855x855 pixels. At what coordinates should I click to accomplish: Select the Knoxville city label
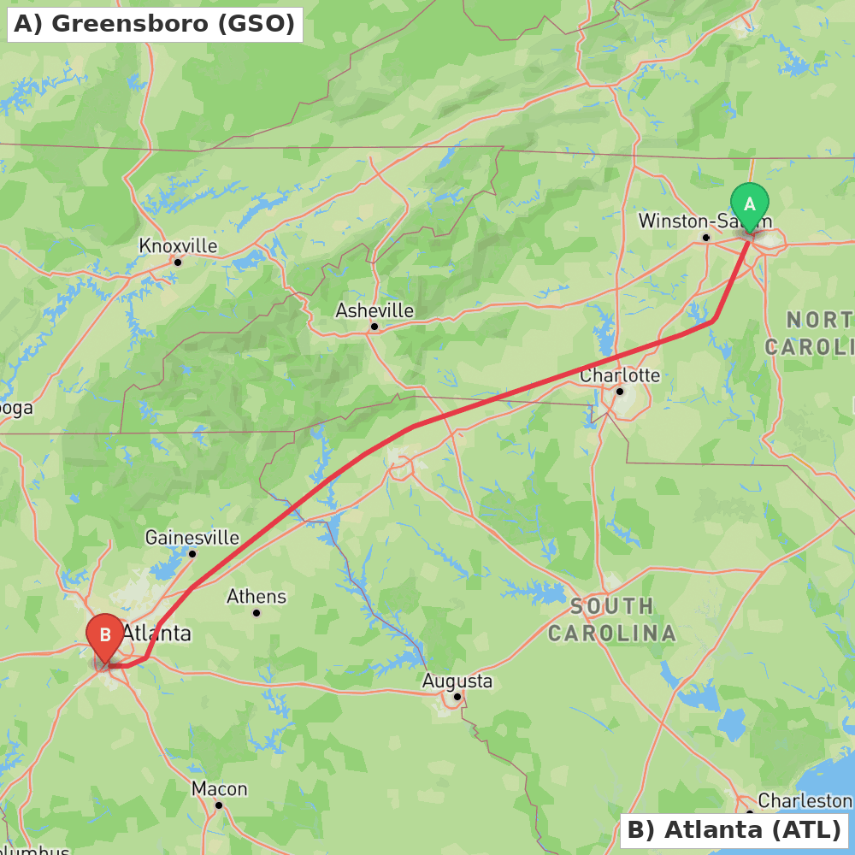click(178, 246)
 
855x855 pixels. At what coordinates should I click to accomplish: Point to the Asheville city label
click(374, 310)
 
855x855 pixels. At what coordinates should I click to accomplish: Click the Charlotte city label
click(620, 375)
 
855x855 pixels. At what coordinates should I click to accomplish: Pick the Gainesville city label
click(192, 538)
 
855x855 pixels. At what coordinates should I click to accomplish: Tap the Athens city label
click(256, 596)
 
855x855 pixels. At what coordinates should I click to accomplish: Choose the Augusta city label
click(457, 681)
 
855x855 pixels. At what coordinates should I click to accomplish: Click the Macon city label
click(219, 788)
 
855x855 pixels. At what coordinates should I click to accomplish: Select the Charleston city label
click(805, 801)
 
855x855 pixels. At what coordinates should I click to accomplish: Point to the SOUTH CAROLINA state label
click(612, 620)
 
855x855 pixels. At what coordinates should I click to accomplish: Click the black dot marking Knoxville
click(178, 262)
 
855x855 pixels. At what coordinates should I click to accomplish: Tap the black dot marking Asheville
click(374, 327)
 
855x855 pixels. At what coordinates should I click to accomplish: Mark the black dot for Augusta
click(457, 697)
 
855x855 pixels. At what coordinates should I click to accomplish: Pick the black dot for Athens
click(256, 612)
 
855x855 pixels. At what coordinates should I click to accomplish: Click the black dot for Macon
click(219, 805)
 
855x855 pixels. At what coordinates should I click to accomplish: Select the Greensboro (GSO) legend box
click(155, 24)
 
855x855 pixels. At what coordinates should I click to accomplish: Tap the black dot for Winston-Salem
click(705, 237)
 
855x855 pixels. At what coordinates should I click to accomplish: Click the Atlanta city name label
click(156, 634)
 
